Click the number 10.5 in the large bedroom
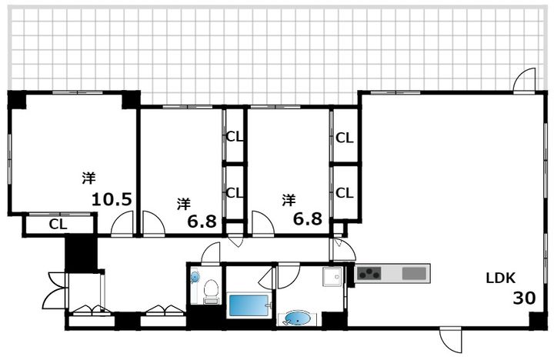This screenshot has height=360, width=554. [x=112, y=199]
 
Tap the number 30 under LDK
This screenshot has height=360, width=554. [x=524, y=298]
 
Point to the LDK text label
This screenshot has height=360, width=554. [x=501, y=278]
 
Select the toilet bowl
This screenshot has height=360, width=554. [x=212, y=292]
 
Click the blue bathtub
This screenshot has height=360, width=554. [x=249, y=305]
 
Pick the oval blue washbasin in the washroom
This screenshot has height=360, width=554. [x=298, y=318]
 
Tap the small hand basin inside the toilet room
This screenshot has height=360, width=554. [x=195, y=277]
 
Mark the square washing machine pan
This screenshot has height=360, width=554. [x=332, y=276]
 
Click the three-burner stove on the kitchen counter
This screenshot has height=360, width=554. [x=369, y=273]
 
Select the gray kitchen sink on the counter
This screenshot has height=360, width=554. [x=414, y=273]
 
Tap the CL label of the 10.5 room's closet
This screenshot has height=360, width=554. [x=58, y=225]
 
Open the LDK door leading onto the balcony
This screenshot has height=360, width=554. [x=524, y=80]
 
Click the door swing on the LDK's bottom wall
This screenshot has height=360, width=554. [x=451, y=339]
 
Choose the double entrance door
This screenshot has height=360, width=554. [x=55, y=290]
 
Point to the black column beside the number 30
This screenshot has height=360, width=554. [x=538, y=321]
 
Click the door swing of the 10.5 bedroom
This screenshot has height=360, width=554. [x=122, y=224]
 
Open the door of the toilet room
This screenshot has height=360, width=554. [x=211, y=253]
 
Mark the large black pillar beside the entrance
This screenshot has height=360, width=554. [x=81, y=255]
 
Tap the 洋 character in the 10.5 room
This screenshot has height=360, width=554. [x=89, y=178]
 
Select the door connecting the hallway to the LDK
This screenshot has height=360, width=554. [x=342, y=250]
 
